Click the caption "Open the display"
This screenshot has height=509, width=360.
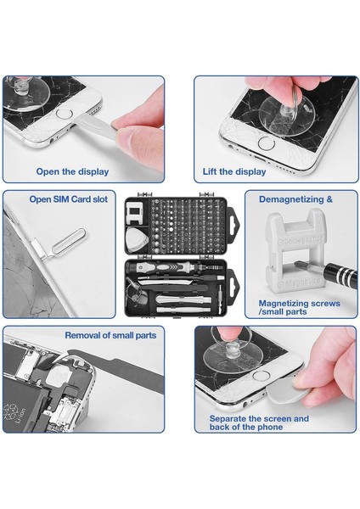point(72,171)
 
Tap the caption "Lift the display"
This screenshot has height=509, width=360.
point(234,171)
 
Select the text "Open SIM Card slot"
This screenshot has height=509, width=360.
point(68,199)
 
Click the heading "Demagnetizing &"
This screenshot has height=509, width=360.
point(295,199)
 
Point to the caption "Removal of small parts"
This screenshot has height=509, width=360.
point(110,335)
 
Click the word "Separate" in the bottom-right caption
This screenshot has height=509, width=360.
point(228,419)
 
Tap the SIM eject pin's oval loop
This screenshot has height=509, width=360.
point(69,241)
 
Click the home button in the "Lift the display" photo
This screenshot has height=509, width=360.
point(266,143)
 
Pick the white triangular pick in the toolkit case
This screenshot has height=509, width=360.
point(137,240)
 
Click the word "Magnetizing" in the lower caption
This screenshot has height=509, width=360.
point(283,304)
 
